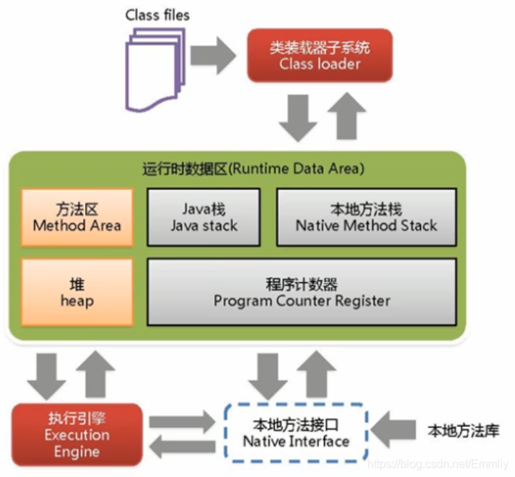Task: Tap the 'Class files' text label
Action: [x=158, y=14]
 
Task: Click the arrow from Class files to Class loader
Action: [x=213, y=56]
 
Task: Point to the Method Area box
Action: [x=77, y=217]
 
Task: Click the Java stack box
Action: [x=204, y=217]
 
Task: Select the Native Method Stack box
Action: [x=366, y=217]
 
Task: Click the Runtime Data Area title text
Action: [x=253, y=169]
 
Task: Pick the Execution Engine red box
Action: [x=76, y=433]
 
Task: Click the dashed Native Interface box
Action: [x=296, y=433]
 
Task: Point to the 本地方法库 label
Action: [x=464, y=431]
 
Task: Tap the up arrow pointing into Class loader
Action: [x=347, y=115]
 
